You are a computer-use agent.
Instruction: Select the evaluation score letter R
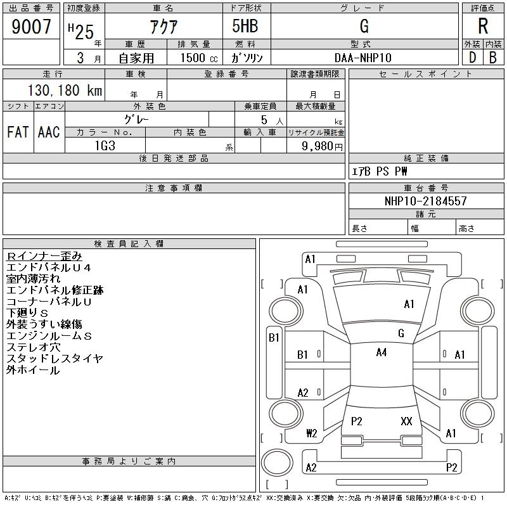[x=483, y=26]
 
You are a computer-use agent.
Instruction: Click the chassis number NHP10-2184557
[x=426, y=201]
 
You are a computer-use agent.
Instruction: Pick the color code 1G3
[x=105, y=145]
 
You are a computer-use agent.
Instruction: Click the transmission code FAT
[x=18, y=132]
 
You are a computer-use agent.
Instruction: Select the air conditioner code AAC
[x=49, y=132]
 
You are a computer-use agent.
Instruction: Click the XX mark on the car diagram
[x=406, y=421]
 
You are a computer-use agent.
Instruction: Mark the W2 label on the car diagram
[x=311, y=433]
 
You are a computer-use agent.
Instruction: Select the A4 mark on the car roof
[x=381, y=352]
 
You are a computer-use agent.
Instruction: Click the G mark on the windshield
[x=401, y=333]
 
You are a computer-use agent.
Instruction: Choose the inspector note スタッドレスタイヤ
[x=55, y=359]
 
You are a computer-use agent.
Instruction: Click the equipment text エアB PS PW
[x=380, y=172]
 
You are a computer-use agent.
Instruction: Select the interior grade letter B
[x=492, y=58]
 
